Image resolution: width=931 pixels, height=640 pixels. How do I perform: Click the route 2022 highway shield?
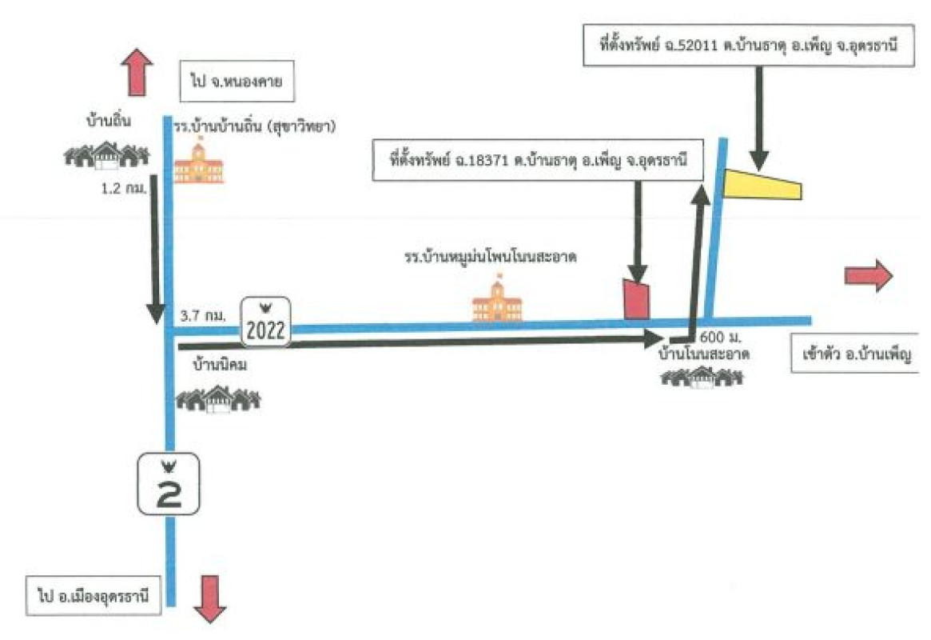[266, 322]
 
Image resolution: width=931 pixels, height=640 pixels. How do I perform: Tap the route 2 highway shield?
[169, 485]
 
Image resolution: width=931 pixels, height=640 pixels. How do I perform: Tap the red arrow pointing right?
[868, 276]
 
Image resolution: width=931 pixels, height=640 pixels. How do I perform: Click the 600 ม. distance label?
[716, 335]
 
